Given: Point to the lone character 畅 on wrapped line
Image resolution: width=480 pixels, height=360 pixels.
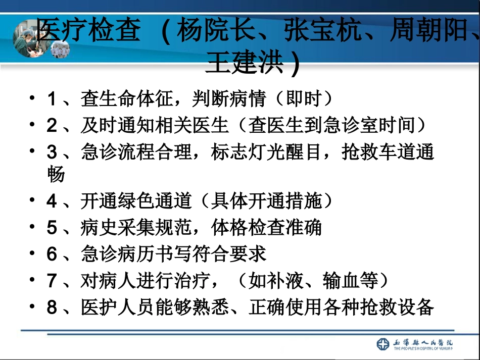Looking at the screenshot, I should pos(56,175).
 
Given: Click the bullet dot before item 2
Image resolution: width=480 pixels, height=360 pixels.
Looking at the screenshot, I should pos(33,125).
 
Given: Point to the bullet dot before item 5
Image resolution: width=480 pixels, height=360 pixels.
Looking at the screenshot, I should pos(33,227).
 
